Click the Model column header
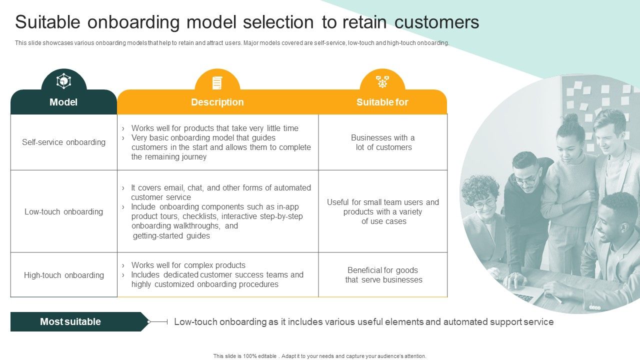point(63,102)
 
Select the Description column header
point(217,102)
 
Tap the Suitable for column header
point(382,102)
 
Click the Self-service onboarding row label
point(63,142)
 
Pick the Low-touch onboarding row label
point(63,211)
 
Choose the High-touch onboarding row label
point(63,275)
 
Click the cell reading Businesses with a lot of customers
point(383,142)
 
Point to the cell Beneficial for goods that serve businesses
point(383,275)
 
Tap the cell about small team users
point(383,211)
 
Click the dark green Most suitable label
point(70,322)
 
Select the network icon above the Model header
point(63,81)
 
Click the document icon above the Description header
point(217,82)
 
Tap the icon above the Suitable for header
point(382,81)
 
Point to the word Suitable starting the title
point(48,22)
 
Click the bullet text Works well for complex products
point(188,265)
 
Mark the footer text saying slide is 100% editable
point(320,356)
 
